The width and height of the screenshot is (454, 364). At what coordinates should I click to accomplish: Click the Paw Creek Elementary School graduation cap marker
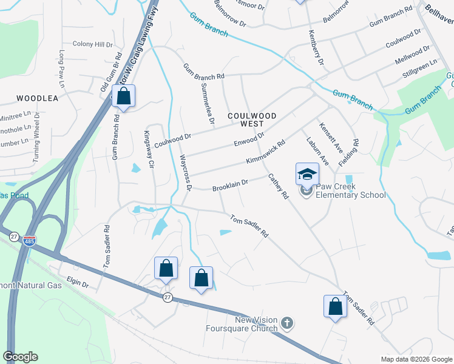[x=307, y=174]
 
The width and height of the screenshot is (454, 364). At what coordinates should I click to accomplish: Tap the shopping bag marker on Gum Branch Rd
[x=123, y=96]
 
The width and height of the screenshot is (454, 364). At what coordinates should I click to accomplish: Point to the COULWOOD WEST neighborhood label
[x=252, y=119]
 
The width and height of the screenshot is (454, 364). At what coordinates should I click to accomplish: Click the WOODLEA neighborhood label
[x=37, y=98]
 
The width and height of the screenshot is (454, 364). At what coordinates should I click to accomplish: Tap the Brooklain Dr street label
[x=230, y=185]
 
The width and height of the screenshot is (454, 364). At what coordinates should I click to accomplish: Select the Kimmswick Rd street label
[x=265, y=153]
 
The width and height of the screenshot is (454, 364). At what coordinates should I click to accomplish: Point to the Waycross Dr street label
[x=185, y=172]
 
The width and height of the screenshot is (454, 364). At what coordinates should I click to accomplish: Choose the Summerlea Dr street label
[x=207, y=104]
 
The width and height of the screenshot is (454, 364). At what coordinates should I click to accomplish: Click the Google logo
[x=20, y=357]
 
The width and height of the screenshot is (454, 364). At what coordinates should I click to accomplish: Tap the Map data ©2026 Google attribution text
[x=416, y=359]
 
